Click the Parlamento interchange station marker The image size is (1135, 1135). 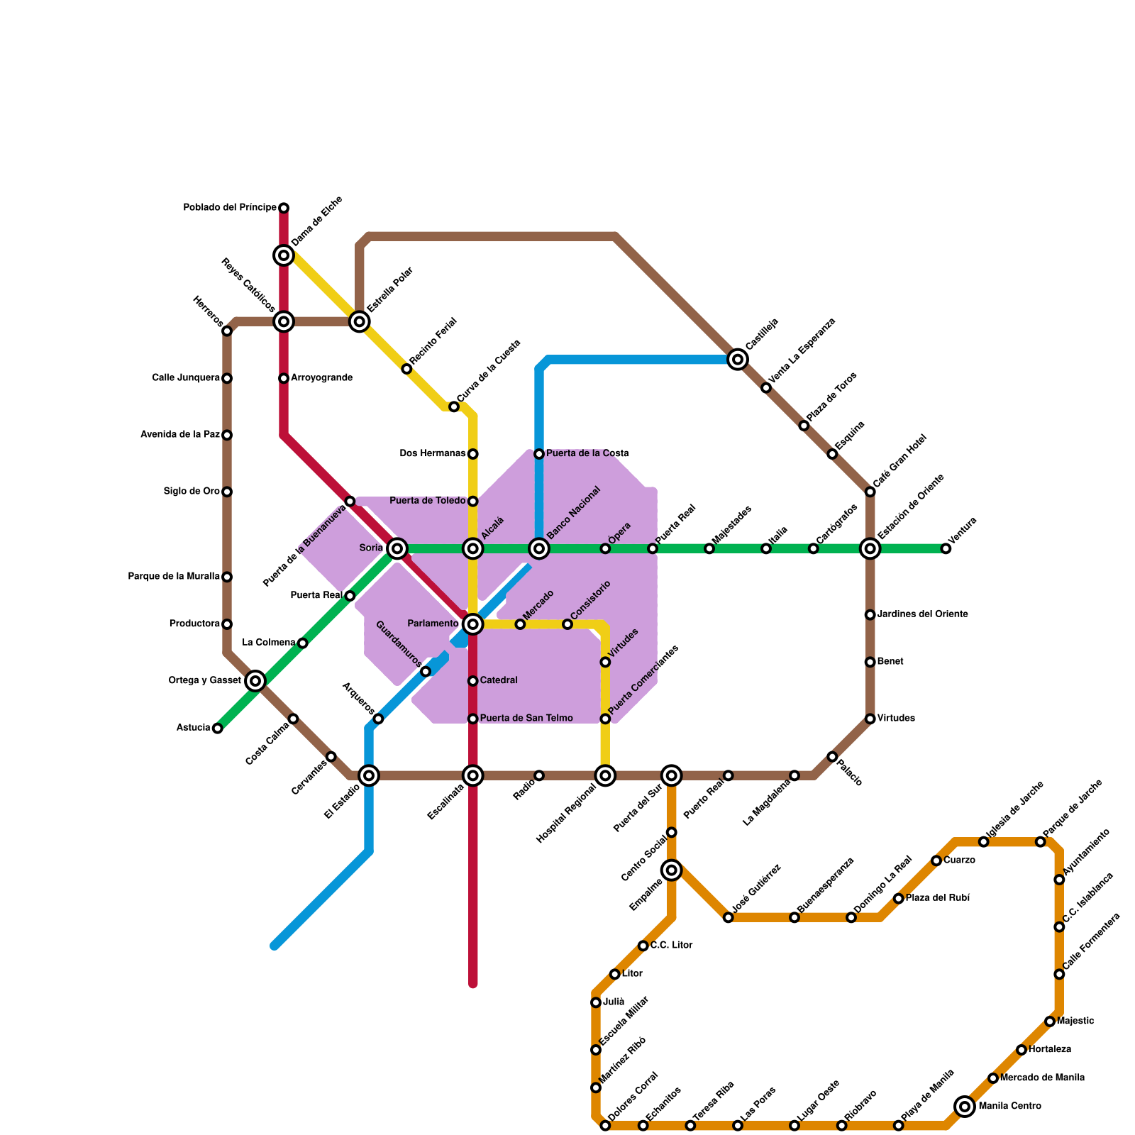tap(473, 624)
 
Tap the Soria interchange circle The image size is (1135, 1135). tap(397, 548)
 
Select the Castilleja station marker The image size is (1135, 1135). tap(738, 360)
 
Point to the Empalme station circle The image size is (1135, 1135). tap(672, 870)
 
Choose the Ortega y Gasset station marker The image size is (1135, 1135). tap(256, 681)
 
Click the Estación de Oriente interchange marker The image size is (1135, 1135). tap(870, 548)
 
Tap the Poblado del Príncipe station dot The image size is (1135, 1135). tap(284, 208)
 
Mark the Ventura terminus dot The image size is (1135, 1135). tap(946, 548)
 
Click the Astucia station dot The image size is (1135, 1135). tap(218, 729)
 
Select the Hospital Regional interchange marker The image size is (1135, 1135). tap(605, 775)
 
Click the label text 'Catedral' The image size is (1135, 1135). tap(499, 681)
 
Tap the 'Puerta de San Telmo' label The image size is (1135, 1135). tap(526, 719)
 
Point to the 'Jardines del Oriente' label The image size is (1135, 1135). tap(922, 614)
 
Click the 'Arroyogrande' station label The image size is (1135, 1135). tap(321, 378)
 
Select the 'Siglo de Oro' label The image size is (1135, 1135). tap(192, 492)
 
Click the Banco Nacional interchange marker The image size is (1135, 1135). tap(539, 548)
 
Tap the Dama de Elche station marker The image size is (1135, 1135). tap(284, 255)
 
